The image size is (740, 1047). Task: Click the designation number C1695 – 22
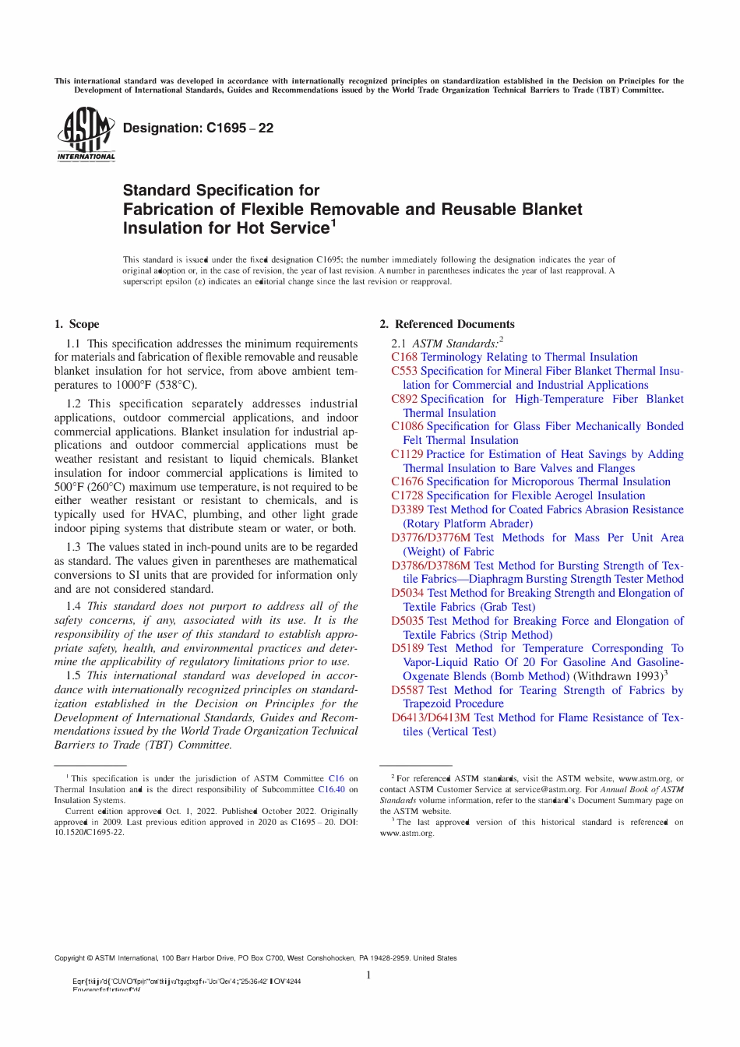tap(198, 128)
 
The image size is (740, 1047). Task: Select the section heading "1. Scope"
tap(76, 324)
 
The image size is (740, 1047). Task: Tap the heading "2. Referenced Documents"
tap(446, 324)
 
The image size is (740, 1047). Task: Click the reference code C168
tap(404, 357)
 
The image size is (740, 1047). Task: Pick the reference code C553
tap(404, 371)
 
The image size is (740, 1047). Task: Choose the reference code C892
tap(404, 399)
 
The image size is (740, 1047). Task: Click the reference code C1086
tap(407, 426)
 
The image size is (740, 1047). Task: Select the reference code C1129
tap(407, 454)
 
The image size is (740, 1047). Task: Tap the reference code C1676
tap(407, 481)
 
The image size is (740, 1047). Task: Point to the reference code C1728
tap(407, 495)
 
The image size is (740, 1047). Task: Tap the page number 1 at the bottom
tap(368, 975)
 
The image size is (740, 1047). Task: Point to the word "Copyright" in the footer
tap(69, 958)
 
